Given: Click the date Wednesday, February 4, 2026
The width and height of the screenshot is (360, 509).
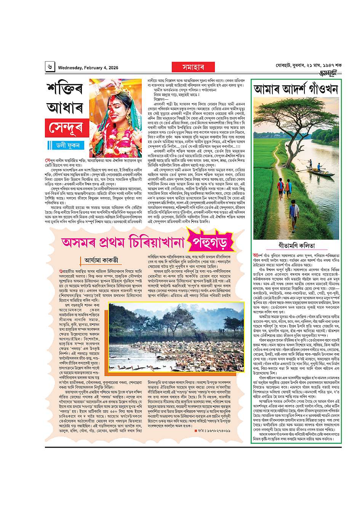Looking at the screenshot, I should [88, 68].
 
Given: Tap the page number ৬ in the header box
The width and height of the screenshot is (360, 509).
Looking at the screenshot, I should [50, 67].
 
